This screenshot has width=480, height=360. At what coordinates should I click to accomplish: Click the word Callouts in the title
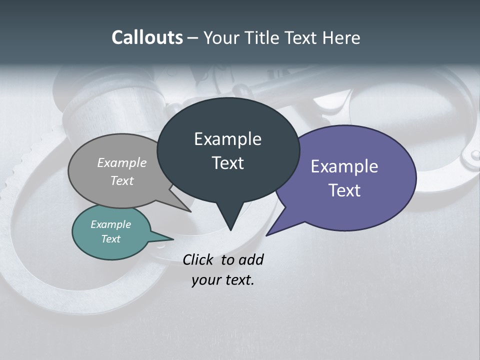(147, 37)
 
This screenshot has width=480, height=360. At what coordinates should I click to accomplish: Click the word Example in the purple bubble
(344, 166)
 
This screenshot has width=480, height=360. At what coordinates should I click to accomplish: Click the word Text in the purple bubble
(344, 190)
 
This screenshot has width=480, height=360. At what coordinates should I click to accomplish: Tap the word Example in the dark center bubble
(227, 139)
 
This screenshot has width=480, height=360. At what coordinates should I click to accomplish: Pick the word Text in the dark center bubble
(227, 163)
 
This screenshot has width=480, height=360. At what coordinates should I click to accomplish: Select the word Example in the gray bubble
(122, 162)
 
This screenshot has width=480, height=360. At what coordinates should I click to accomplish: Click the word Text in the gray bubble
(122, 180)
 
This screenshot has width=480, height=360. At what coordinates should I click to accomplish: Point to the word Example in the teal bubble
(110, 224)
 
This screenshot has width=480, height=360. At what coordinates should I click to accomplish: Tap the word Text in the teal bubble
(110, 239)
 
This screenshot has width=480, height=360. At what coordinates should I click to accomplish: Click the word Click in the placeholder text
(197, 259)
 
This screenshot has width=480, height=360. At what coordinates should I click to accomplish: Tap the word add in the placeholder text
(250, 259)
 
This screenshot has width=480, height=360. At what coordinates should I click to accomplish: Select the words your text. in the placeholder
(222, 280)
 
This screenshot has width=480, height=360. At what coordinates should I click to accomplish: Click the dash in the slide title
(193, 38)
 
